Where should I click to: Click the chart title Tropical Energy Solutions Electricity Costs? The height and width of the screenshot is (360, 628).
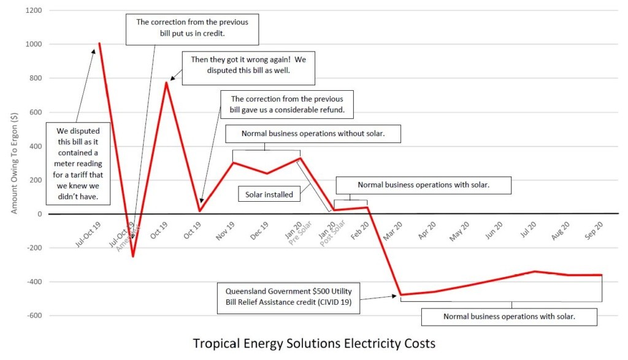point(314,343)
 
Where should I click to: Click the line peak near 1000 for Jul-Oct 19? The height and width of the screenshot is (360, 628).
point(99,43)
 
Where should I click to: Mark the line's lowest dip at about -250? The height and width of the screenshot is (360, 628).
point(133,256)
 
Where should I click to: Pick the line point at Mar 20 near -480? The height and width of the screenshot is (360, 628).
point(400,295)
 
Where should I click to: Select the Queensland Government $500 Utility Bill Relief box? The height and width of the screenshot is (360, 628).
point(288,299)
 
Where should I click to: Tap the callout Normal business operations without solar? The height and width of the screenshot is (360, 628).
point(313,134)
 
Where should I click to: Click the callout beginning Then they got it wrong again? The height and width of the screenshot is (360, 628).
point(248,67)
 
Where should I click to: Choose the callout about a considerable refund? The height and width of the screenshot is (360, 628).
point(291,104)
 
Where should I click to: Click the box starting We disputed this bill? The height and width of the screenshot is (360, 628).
point(78,163)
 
